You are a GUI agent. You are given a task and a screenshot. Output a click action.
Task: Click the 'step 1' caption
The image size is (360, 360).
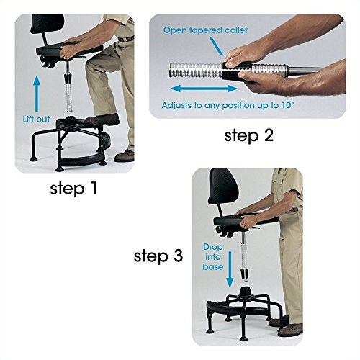click(x=73, y=188)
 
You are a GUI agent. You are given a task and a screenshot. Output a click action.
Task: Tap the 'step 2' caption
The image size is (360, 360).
click(x=248, y=135)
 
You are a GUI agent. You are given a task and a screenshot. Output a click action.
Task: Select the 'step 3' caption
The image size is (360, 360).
click(x=158, y=256)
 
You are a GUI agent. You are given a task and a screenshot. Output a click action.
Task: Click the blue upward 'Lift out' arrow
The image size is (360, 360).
click(x=37, y=94)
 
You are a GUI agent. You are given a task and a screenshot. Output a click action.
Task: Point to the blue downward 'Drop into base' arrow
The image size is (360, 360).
click(x=230, y=269)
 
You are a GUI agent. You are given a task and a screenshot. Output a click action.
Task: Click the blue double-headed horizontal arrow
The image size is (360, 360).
click(x=204, y=89)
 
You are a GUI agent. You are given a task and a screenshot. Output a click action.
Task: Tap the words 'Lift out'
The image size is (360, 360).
click(x=36, y=119)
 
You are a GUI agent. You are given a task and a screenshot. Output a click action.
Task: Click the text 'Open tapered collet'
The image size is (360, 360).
click(x=205, y=30)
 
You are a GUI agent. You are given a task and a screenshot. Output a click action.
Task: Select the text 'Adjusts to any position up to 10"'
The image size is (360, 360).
click(x=228, y=105)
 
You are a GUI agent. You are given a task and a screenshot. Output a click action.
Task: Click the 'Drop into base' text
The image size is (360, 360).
click(x=213, y=257)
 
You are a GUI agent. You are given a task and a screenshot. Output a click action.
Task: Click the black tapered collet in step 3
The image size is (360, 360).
click(x=245, y=274)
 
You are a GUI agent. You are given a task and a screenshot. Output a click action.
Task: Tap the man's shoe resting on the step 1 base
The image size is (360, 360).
click(x=103, y=120)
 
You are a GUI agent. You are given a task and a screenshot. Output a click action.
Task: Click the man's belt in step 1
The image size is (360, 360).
click(x=126, y=39)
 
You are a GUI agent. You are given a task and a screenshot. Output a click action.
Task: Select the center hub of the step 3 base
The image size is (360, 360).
click(x=245, y=292)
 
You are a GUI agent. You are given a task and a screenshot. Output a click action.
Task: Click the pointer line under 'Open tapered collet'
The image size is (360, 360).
click(x=216, y=46)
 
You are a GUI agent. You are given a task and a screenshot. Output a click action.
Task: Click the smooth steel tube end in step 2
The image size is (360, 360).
click(x=305, y=70)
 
